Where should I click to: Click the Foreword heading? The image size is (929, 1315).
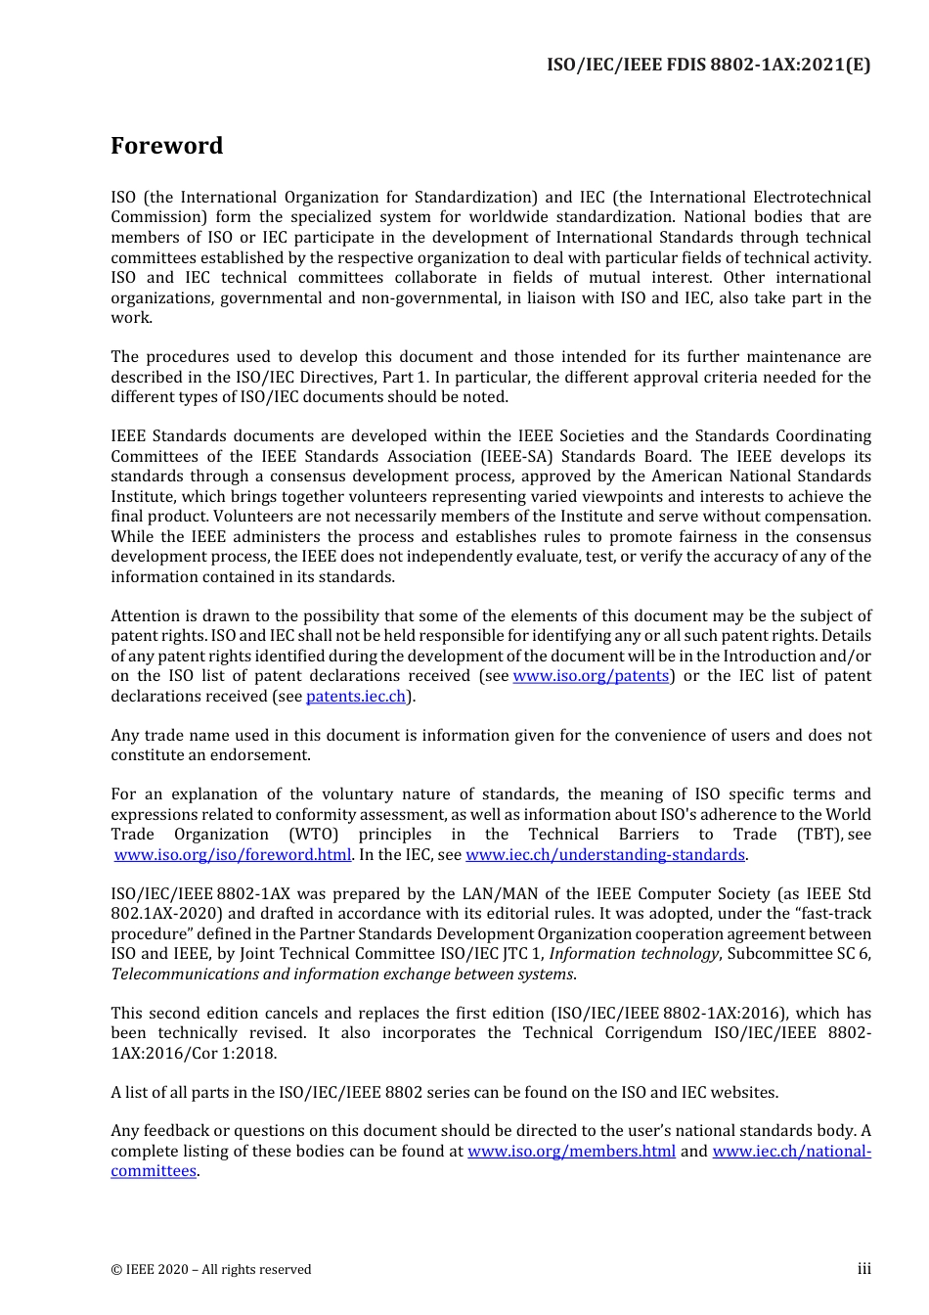click(x=166, y=146)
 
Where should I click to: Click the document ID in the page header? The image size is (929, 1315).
click(x=708, y=65)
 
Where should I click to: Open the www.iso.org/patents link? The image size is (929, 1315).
click(x=591, y=676)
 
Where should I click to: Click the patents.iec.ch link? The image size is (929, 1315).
click(x=356, y=697)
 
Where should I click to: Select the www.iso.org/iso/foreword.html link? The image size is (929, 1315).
click(x=233, y=855)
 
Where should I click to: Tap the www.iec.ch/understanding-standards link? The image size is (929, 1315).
click(x=605, y=855)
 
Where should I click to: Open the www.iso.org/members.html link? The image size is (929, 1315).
click(x=571, y=1152)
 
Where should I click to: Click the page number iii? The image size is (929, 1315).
click(x=863, y=1269)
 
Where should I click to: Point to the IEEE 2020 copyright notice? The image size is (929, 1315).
click(x=211, y=1270)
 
